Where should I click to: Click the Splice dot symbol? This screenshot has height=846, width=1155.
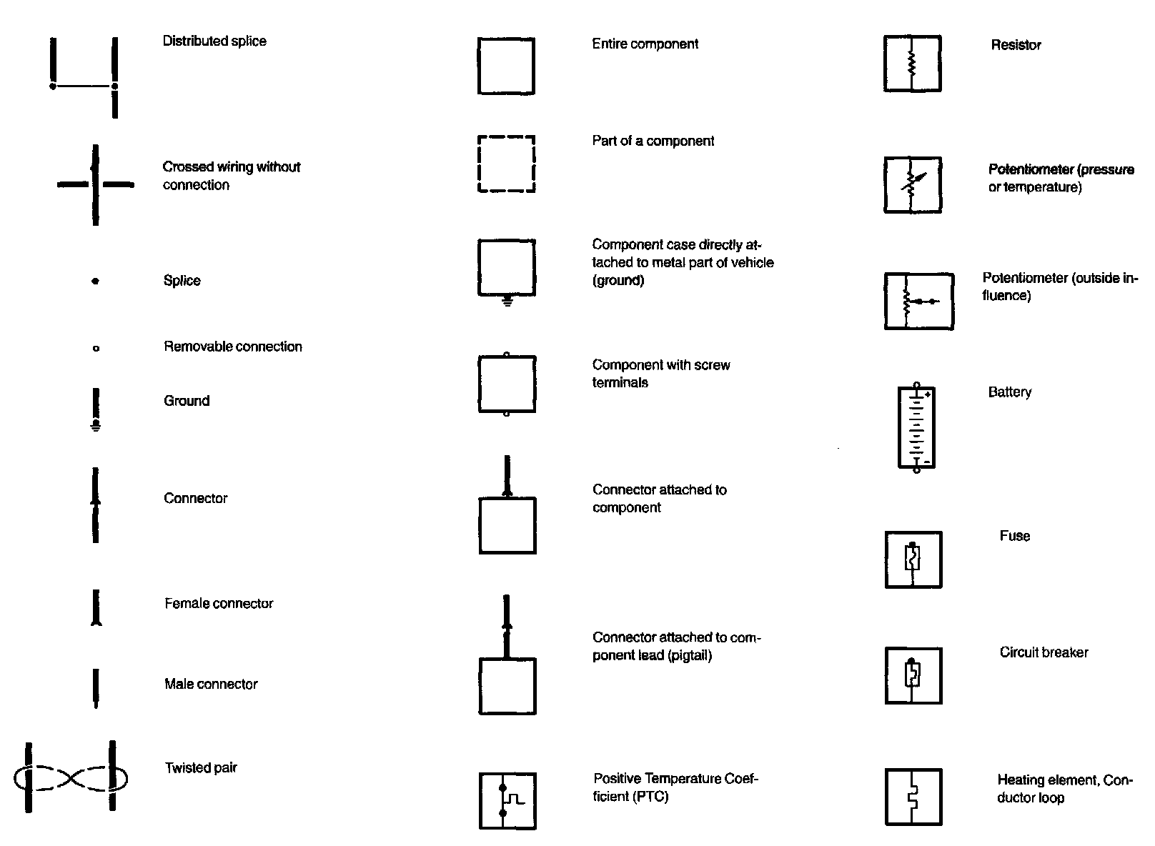pos(95,282)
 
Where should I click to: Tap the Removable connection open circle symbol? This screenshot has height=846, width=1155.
pos(96,349)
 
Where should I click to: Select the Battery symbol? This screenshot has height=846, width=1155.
pos(916,428)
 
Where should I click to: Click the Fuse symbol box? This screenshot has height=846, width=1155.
pos(913,559)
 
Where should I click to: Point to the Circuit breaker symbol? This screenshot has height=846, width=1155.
pos(913,675)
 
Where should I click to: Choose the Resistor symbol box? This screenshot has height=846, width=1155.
pos(912,64)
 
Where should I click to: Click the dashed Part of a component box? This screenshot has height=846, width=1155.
pos(506,164)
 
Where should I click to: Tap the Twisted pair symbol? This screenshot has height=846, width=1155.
pos(70,777)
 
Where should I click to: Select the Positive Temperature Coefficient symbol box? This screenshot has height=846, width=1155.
pos(507,800)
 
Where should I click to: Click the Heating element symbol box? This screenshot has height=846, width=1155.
pos(913,797)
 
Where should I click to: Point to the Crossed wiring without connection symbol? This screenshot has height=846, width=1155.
pos(95,185)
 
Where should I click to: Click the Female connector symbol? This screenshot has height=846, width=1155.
pos(96,608)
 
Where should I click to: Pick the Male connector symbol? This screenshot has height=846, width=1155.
pos(96,687)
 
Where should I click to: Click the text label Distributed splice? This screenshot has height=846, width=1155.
pos(214,41)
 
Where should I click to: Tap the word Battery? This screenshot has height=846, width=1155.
pos(1009,392)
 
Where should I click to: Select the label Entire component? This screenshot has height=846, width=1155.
pos(645,44)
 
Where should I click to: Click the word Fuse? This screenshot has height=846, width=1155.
pos(1014,537)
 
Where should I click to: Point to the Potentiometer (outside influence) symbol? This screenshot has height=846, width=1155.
pos(918,301)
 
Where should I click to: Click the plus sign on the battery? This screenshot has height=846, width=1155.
pos(927,394)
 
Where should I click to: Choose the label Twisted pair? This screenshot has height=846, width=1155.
pos(201,768)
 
